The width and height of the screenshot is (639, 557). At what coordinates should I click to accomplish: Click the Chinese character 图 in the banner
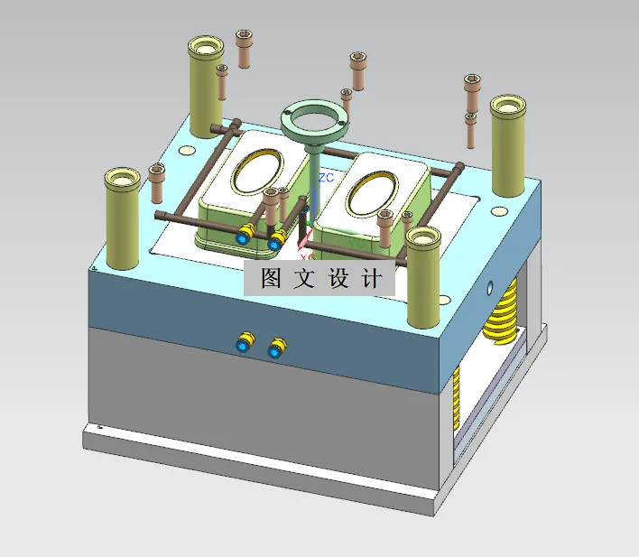pos(271,279)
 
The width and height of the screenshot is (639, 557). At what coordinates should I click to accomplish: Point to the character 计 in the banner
pos(371,279)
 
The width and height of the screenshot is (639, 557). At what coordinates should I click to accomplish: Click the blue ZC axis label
pos(327,177)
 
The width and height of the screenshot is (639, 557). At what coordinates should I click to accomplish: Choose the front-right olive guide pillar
pos(422,275)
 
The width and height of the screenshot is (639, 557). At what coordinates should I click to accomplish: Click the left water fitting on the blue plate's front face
pos(245,342)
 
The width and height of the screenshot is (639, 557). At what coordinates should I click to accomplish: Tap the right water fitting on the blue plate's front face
pos(275,348)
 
